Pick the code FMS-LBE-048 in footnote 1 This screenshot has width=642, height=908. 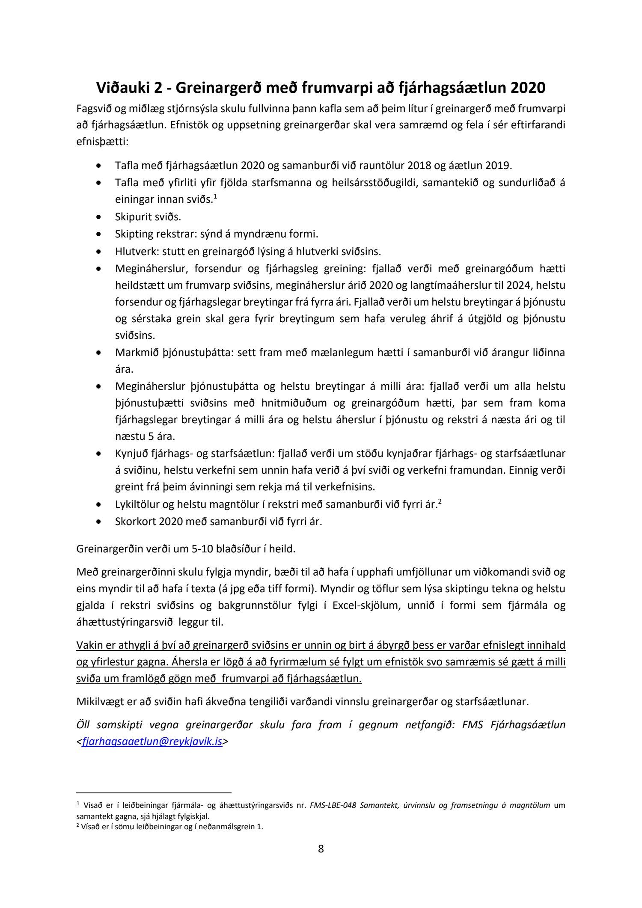point(333,805)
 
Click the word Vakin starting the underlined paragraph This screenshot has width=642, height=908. point(88,645)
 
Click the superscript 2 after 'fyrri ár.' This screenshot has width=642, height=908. point(440,501)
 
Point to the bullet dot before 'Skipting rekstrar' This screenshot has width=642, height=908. point(99,234)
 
